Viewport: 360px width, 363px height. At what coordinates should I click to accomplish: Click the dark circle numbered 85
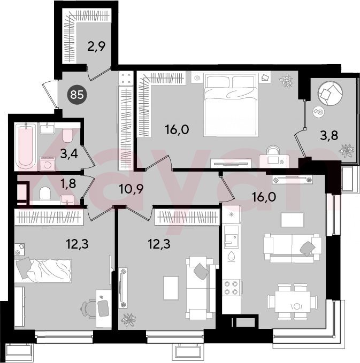(x=77, y=95)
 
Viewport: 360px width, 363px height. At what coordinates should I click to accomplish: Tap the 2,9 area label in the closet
(x=96, y=46)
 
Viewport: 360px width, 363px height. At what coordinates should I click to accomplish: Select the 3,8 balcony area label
(x=329, y=135)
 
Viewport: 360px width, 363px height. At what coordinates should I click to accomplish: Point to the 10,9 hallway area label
(x=131, y=189)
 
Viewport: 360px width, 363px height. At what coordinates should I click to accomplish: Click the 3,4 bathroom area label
(x=69, y=154)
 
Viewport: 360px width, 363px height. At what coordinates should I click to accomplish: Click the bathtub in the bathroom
(x=25, y=146)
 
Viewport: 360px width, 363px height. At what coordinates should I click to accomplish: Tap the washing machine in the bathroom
(x=48, y=164)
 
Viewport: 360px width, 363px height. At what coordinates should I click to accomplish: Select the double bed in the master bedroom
(x=231, y=105)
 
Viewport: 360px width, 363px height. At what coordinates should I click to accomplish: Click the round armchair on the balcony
(x=330, y=93)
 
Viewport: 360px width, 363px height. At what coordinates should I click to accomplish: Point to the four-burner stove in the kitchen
(x=231, y=288)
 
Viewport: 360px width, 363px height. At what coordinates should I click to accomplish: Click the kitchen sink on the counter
(x=231, y=237)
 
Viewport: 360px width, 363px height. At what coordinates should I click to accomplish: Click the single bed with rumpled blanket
(x=43, y=270)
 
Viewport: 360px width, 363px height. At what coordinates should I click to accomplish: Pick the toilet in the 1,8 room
(x=45, y=194)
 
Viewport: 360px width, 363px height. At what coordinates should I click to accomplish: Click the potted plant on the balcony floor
(x=347, y=151)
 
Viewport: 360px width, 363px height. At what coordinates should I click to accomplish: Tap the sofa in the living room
(x=293, y=248)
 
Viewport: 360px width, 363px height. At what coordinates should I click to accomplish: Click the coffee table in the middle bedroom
(x=171, y=288)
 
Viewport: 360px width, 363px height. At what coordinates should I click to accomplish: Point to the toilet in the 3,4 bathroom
(x=67, y=135)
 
